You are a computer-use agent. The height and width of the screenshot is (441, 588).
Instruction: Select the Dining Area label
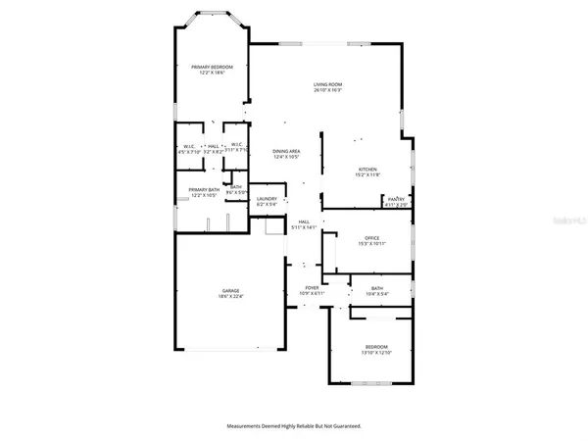click(285, 151)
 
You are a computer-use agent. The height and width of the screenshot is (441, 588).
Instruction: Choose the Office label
click(371, 236)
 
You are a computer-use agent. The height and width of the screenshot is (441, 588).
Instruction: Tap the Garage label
click(231, 290)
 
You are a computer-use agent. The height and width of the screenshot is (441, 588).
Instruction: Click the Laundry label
click(267, 199)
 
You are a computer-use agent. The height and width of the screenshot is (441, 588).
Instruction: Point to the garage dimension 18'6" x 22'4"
click(231, 296)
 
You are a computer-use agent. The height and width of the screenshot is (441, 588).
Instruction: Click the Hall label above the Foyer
click(304, 221)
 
